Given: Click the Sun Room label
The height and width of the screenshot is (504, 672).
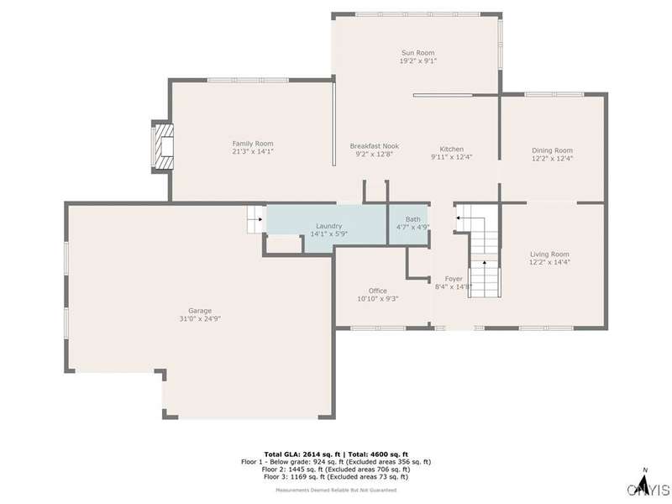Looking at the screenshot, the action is tap(417, 53).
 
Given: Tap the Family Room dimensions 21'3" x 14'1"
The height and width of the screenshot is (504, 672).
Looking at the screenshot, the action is tap(253, 151).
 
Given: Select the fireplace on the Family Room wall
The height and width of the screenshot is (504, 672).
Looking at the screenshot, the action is tap(163, 146).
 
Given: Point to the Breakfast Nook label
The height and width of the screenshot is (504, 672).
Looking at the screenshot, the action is tap(374, 146).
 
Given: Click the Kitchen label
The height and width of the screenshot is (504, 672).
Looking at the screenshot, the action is tap(452, 150).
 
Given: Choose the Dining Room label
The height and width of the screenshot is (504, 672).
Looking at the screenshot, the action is tap(552, 150).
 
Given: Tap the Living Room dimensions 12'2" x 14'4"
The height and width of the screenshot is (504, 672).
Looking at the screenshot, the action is tap(550, 262).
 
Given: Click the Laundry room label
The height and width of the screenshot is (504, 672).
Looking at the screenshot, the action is tap(328, 226).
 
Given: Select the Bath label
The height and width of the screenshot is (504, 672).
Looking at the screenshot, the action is tap(413, 219).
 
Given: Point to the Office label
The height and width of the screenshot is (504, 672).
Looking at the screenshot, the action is tap(377, 291).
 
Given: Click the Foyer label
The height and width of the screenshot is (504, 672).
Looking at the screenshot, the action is tap(454, 279).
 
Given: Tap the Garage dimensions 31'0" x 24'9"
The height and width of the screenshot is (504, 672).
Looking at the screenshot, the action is tap(200, 319).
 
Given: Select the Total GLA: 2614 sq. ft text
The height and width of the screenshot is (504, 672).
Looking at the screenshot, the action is tap(302, 454).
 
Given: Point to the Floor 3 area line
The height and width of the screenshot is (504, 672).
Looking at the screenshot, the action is tap(336, 476).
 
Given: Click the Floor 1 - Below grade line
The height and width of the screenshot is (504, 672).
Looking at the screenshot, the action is tap(336, 462).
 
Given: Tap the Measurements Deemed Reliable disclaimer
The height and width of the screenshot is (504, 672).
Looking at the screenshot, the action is tap(336, 490).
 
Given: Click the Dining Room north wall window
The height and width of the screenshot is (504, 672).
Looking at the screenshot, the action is tap(554, 94).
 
